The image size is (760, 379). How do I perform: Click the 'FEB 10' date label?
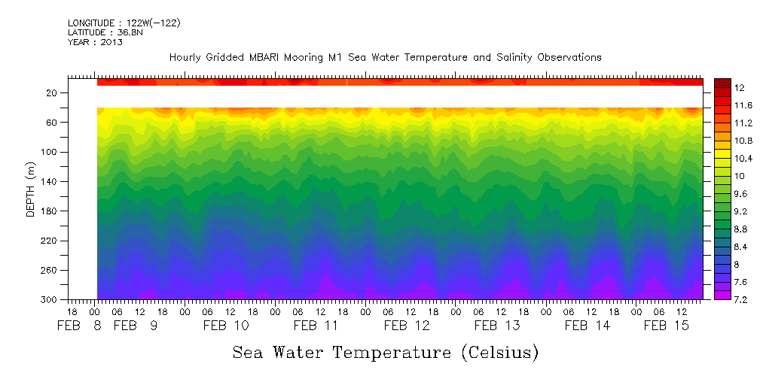[x=226, y=326]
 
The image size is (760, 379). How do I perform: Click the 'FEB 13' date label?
[x=497, y=326]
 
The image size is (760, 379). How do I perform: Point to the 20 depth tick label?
[x=53, y=92]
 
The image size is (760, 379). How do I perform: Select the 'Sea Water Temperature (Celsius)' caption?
[x=385, y=352]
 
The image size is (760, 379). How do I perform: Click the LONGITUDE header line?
[x=124, y=23]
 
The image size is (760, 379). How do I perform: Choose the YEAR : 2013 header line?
[x=95, y=42]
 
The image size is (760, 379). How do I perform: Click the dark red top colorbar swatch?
[x=722, y=82]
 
